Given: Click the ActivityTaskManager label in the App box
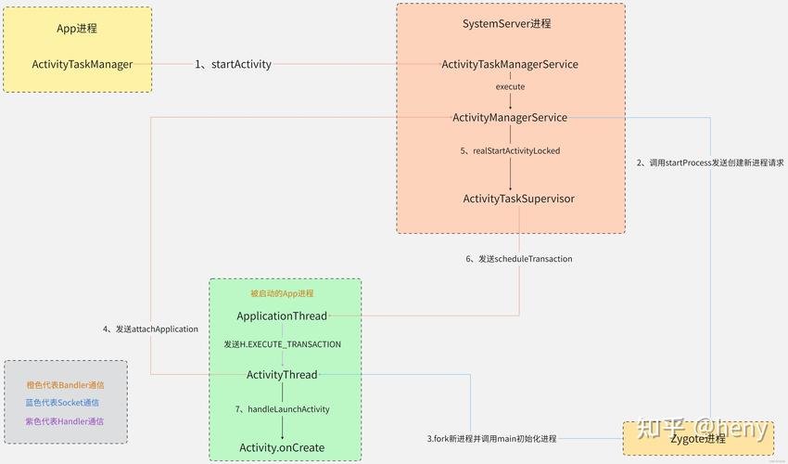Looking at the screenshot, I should [82, 64].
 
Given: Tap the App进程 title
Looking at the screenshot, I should [77, 29].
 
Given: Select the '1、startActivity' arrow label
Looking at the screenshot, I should [233, 64].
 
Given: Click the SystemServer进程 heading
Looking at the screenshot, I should [512, 23].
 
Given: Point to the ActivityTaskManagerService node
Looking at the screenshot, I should [510, 64].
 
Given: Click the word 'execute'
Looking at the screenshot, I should [510, 86].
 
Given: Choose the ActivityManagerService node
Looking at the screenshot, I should [510, 118].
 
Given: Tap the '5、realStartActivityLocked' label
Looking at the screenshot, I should [510, 150].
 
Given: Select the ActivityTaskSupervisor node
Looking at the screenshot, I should [518, 199].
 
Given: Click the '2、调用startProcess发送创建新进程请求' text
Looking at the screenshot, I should [710, 162].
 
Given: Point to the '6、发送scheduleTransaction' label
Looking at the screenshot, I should [518, 259].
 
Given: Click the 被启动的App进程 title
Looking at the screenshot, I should [282, 293].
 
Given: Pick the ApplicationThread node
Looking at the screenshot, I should [282, 316].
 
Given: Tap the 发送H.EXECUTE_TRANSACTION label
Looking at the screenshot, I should [282, 344].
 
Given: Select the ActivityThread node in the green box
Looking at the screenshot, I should [282, 375].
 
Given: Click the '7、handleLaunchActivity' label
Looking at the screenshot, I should [282, 409].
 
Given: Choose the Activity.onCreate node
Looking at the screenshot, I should [282, 447].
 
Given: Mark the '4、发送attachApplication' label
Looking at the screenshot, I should [150, 329].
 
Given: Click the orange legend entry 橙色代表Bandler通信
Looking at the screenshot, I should [65, 384].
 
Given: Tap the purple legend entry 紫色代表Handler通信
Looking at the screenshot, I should [65, 421].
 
